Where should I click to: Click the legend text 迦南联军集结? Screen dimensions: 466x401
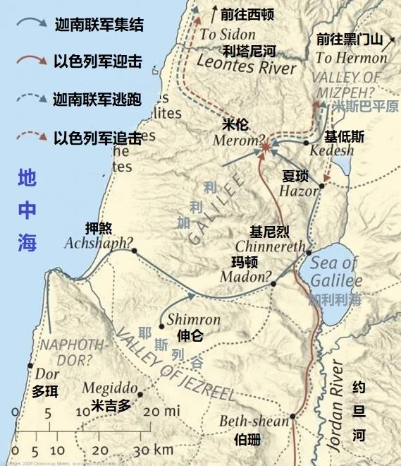coord(99,26)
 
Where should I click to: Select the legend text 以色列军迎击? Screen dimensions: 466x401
coord(99,62)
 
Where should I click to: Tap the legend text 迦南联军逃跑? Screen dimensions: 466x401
coord(99,99)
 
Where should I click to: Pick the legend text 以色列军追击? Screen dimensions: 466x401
coord(99,136)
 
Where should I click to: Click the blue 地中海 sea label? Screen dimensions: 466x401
coord(28,210)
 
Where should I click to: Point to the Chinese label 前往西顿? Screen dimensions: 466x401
coord(247,13)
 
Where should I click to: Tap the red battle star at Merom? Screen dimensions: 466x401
coord(265,148)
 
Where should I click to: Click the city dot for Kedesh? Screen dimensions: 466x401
coord(307,143)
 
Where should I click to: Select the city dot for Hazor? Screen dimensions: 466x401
coord(321,186)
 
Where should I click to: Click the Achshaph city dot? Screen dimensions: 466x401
coord(133,251)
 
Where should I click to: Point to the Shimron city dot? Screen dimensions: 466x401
coord(161,326)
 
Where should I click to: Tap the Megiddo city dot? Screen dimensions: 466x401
coord(140,395)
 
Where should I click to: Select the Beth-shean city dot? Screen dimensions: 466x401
coord(292,417)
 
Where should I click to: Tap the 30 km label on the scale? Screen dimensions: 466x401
coord(153,450)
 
